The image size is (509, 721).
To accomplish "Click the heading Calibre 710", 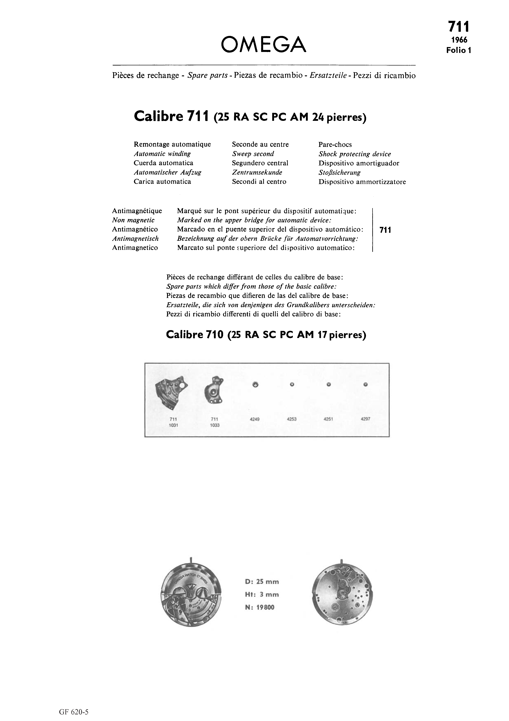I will pos(194,335).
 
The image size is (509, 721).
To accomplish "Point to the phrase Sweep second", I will pos(253,154).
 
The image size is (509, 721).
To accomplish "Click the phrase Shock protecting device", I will pos(355,154).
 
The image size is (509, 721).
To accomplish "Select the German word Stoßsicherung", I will pos(339,172).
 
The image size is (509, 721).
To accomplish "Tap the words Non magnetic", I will pos(133,220).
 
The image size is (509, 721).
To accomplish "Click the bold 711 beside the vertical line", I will pos(385,230).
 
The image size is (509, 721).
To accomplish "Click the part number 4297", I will pos(365,419).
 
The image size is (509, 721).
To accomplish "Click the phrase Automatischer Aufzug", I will pos(168,172).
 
